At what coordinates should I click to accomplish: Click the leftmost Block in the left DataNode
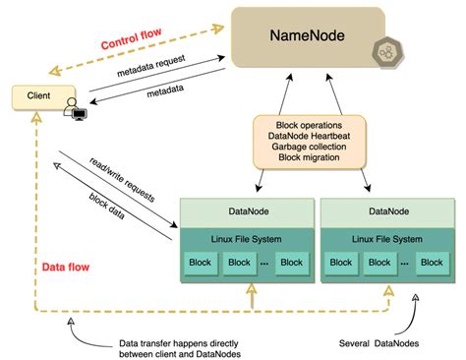click(x=201, y=263)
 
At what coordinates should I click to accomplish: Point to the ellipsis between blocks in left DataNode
click(x=264, y=264)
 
